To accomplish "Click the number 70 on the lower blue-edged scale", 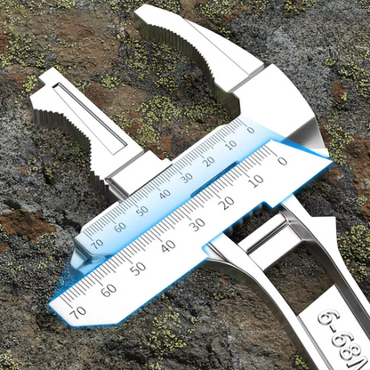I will (x=79, y=311).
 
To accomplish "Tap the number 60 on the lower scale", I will (x=109, y=289).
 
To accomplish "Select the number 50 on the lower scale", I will (x=138, y=268).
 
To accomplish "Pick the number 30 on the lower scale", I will (x=197, y=224).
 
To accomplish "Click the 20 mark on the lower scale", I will (x=226, y=202).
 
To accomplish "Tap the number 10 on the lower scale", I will (x=254, y=181).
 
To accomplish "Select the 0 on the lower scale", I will (x=282, y=161).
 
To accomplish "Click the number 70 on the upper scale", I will (x=96, y=242).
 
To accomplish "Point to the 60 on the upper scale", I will (x=119, y=226).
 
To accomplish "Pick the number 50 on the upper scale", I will (x=141, y=210).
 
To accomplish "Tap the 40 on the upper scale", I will (x=165, y=193).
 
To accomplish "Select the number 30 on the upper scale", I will (x=187, y=177).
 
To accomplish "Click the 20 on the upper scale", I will (x=209, y=161).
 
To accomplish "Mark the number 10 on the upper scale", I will (x=230, y=145).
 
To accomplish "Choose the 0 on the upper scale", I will (x=250, y=131).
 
